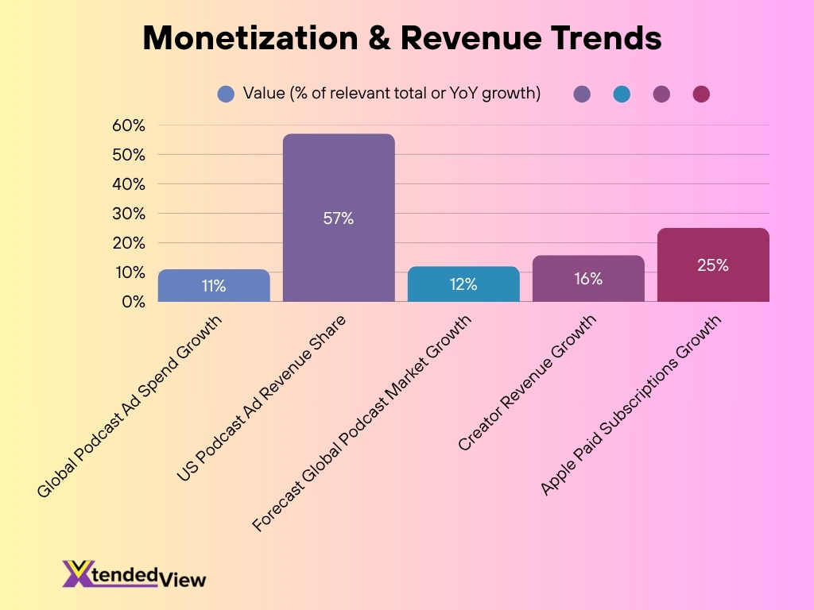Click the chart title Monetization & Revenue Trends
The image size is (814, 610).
point(401,37)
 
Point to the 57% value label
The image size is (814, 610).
point(339,219)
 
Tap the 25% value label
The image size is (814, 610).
point(713,266)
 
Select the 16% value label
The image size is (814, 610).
point(588,279)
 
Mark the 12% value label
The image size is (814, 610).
point(463,284)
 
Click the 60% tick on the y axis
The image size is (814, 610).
point(128,125)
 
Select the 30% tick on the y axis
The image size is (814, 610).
point(128,214)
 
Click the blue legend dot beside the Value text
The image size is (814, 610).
point(226,95)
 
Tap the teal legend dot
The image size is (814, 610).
point(622,95)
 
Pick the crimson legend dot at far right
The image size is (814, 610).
point(700,95)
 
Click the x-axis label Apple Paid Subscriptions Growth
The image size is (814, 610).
point(632,403)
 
